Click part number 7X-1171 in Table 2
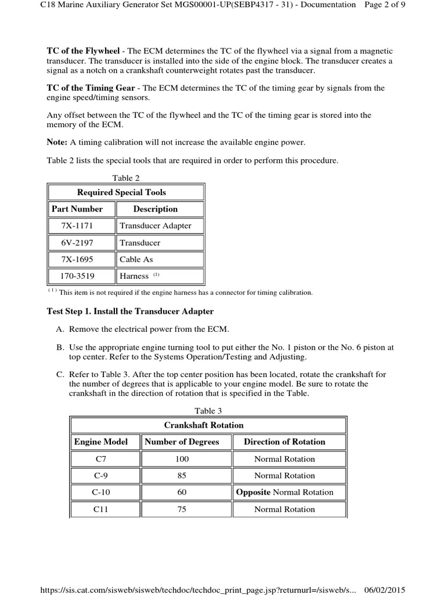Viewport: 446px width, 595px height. [81, 226]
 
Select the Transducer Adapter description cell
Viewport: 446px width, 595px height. [155, 226]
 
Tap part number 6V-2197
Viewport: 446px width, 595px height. [81, 243]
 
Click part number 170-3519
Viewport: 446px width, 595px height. [81, 277]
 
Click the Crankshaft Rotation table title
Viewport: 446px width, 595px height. [204, 425]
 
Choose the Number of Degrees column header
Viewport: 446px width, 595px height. [182, 442]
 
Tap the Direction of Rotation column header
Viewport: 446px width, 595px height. [285, 442]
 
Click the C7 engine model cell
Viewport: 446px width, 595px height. [101, 459]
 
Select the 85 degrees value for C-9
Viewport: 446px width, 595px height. [182, 476]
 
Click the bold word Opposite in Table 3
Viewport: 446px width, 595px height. [253, 493]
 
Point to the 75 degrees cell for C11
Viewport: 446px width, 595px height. [182, 510]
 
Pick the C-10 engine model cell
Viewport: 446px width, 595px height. [101, 493]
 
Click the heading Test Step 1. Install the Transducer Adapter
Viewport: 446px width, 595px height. [130, 311]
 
